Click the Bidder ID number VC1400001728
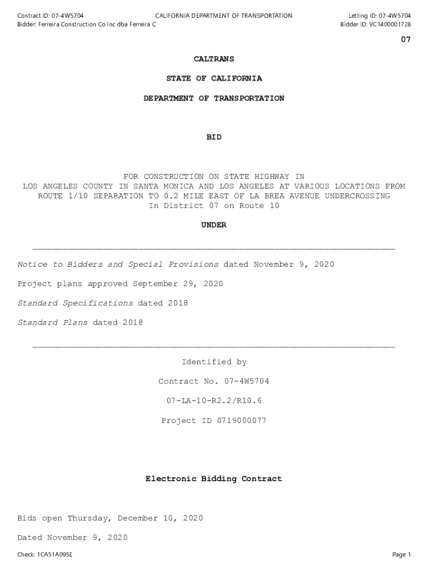pos(390,24)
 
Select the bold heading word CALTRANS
pos(214,59)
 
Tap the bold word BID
pos(214,137)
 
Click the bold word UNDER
pos(214,225)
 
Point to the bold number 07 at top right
pos(406,40)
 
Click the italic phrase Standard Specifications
pos(76,303)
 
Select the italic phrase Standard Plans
pos(53,323)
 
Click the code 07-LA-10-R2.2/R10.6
pos(214,401)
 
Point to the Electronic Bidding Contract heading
pos(214,479)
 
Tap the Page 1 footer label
pos(401,555)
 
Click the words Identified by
pos(214,362)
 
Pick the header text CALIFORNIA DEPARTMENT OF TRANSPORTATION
pos(223,16)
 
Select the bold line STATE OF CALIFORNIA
pos(214,79)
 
